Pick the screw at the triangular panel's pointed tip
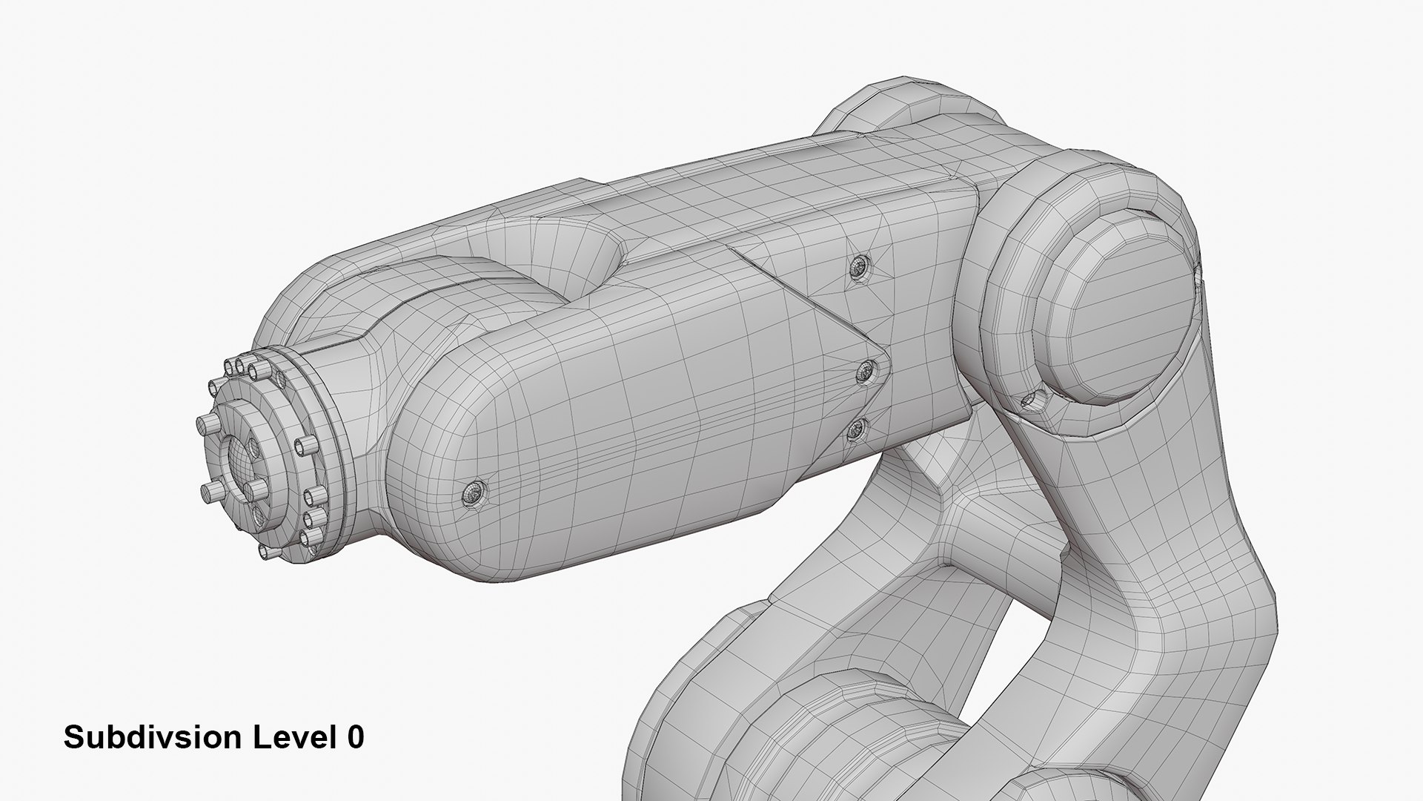(865, 372)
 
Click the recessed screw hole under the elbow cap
(1030, 401)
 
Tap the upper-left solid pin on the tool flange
(215, 387)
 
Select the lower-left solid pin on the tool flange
(210, 491)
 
